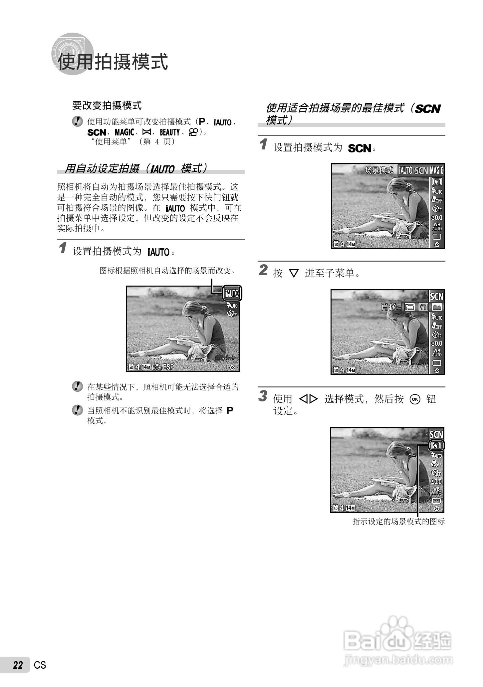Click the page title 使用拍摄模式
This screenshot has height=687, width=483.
tap(113, 62)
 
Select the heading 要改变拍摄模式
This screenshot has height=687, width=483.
tap(107, 106)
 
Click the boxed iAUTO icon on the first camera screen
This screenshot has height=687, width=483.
tap(232, 294)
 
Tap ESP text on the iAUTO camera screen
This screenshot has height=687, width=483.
tap(168, 367)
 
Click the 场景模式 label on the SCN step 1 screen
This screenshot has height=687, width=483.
tap(379, 170)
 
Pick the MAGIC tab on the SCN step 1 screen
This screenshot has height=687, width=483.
tap(436, 170)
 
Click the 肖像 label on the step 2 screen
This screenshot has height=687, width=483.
tap(389, 307)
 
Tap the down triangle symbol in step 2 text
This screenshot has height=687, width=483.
tap(294, 274)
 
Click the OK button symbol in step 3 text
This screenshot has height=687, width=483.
tap(415, 399)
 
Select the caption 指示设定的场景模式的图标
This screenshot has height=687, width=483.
tap(398, 522)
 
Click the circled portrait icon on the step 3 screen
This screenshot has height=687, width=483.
tap(436, 445)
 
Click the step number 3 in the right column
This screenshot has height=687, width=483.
tap(263, 396)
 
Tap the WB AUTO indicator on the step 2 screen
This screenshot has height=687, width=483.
tap(437, 352)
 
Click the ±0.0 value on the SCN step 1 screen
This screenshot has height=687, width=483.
tap(437, 218)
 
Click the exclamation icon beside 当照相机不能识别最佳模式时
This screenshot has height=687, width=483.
tap(77, 410)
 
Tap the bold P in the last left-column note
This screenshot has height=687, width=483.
tap(230, 410)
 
